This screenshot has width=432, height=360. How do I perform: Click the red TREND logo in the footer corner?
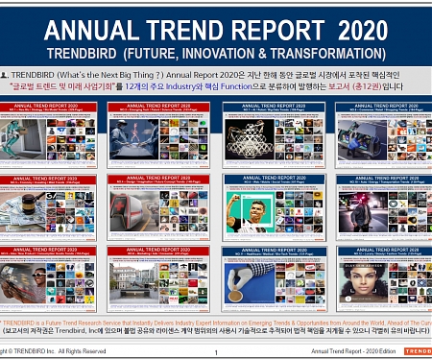pos(418,352)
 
